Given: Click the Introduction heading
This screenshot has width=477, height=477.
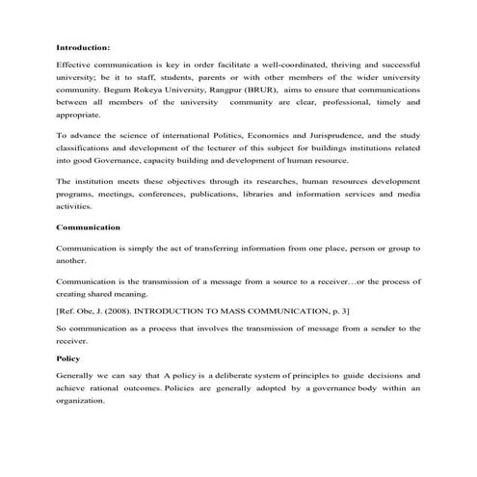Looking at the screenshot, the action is pyautogui.click(x=83, y=46).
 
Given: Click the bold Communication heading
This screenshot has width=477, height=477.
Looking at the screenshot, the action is pyautogui.click(x=88, y=227).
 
